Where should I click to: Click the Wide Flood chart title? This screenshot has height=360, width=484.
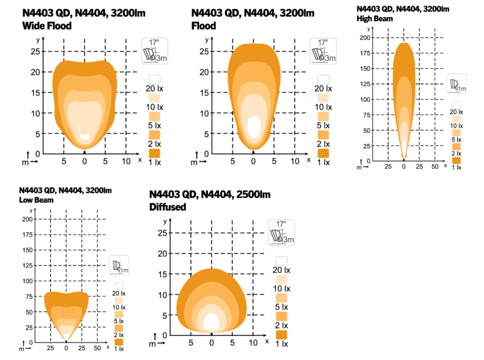coord(47,25)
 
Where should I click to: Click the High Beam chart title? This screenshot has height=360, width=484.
coord(374,19)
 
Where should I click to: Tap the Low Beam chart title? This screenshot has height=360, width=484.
coord(36,200)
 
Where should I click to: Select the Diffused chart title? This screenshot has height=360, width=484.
coord(168,207)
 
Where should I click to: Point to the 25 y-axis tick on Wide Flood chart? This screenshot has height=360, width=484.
coord(35,51)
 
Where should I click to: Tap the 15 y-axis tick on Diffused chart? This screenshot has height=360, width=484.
coord(162,274)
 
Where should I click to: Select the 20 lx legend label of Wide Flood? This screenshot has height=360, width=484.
coord(155,88)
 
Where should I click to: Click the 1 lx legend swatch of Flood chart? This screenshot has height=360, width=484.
coord(323,153)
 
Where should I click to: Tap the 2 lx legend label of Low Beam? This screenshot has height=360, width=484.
coord(119,335)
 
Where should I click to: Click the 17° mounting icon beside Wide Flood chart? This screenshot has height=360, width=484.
coord(154,50)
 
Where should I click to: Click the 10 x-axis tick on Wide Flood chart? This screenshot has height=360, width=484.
coord(126,162)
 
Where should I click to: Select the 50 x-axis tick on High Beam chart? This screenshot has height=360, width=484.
coord(434,165)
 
